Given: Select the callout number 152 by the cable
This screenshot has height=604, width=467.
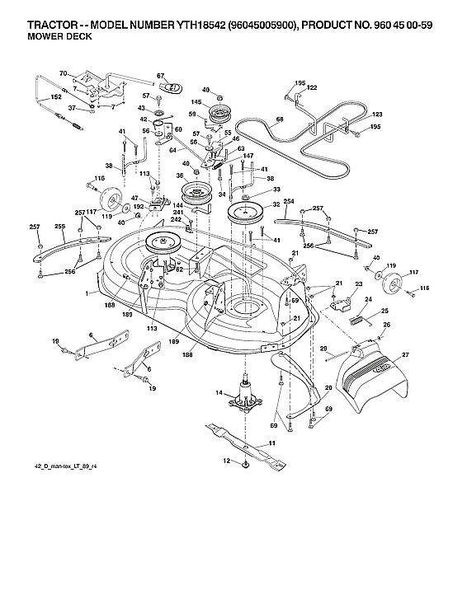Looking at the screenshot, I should point(56,97).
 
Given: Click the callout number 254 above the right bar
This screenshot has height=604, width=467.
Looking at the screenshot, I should point(289,201).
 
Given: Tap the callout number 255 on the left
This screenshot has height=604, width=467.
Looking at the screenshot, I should point(59,226).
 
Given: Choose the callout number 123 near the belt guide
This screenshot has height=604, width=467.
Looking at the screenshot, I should point(378,114).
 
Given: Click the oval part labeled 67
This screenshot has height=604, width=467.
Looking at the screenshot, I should point(173,87).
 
